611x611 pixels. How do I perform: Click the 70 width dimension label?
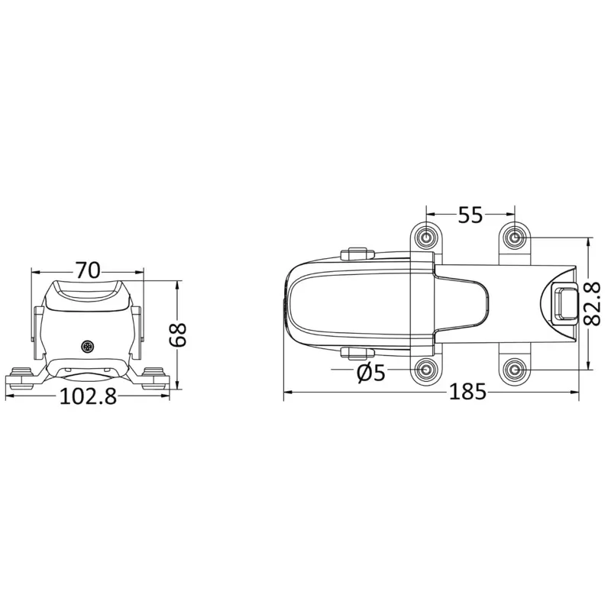pos(88,270)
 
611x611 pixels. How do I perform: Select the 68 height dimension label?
pos(178,335)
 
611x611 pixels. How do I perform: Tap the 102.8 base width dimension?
pos(88,396)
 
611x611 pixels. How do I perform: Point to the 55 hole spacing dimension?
pos(470,215)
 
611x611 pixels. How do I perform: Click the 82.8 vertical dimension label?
pos(593,304)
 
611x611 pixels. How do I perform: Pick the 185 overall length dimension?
pos(468,392)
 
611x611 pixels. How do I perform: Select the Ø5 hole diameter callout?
pos(371,373)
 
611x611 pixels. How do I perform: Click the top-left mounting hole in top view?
pos(426,237)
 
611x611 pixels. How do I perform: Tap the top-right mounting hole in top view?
pos(515,237)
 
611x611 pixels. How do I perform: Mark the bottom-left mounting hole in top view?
pos(426,369)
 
